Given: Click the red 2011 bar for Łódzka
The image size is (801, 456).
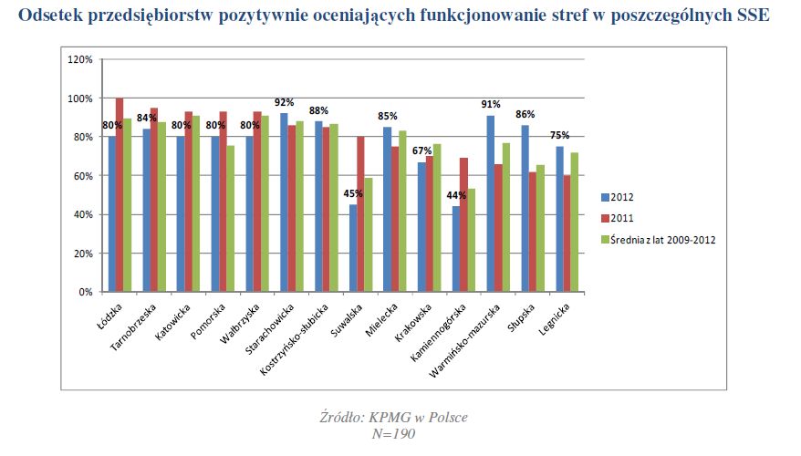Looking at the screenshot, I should click(120, 195).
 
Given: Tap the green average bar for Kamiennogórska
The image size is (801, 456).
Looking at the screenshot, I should click(472, 241).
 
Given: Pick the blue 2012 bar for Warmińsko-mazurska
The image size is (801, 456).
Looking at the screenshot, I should click(490, 203).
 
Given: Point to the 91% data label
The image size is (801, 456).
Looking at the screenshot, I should click(491, 105).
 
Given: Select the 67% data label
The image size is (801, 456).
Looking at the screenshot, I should click(421, 151).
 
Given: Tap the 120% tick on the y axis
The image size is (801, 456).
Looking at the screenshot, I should click(81, 59).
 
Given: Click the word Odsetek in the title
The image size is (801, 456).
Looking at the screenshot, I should click(50, 16).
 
